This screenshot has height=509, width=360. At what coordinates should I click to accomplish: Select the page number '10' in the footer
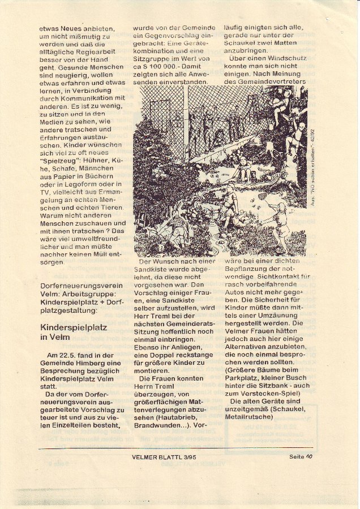309,456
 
